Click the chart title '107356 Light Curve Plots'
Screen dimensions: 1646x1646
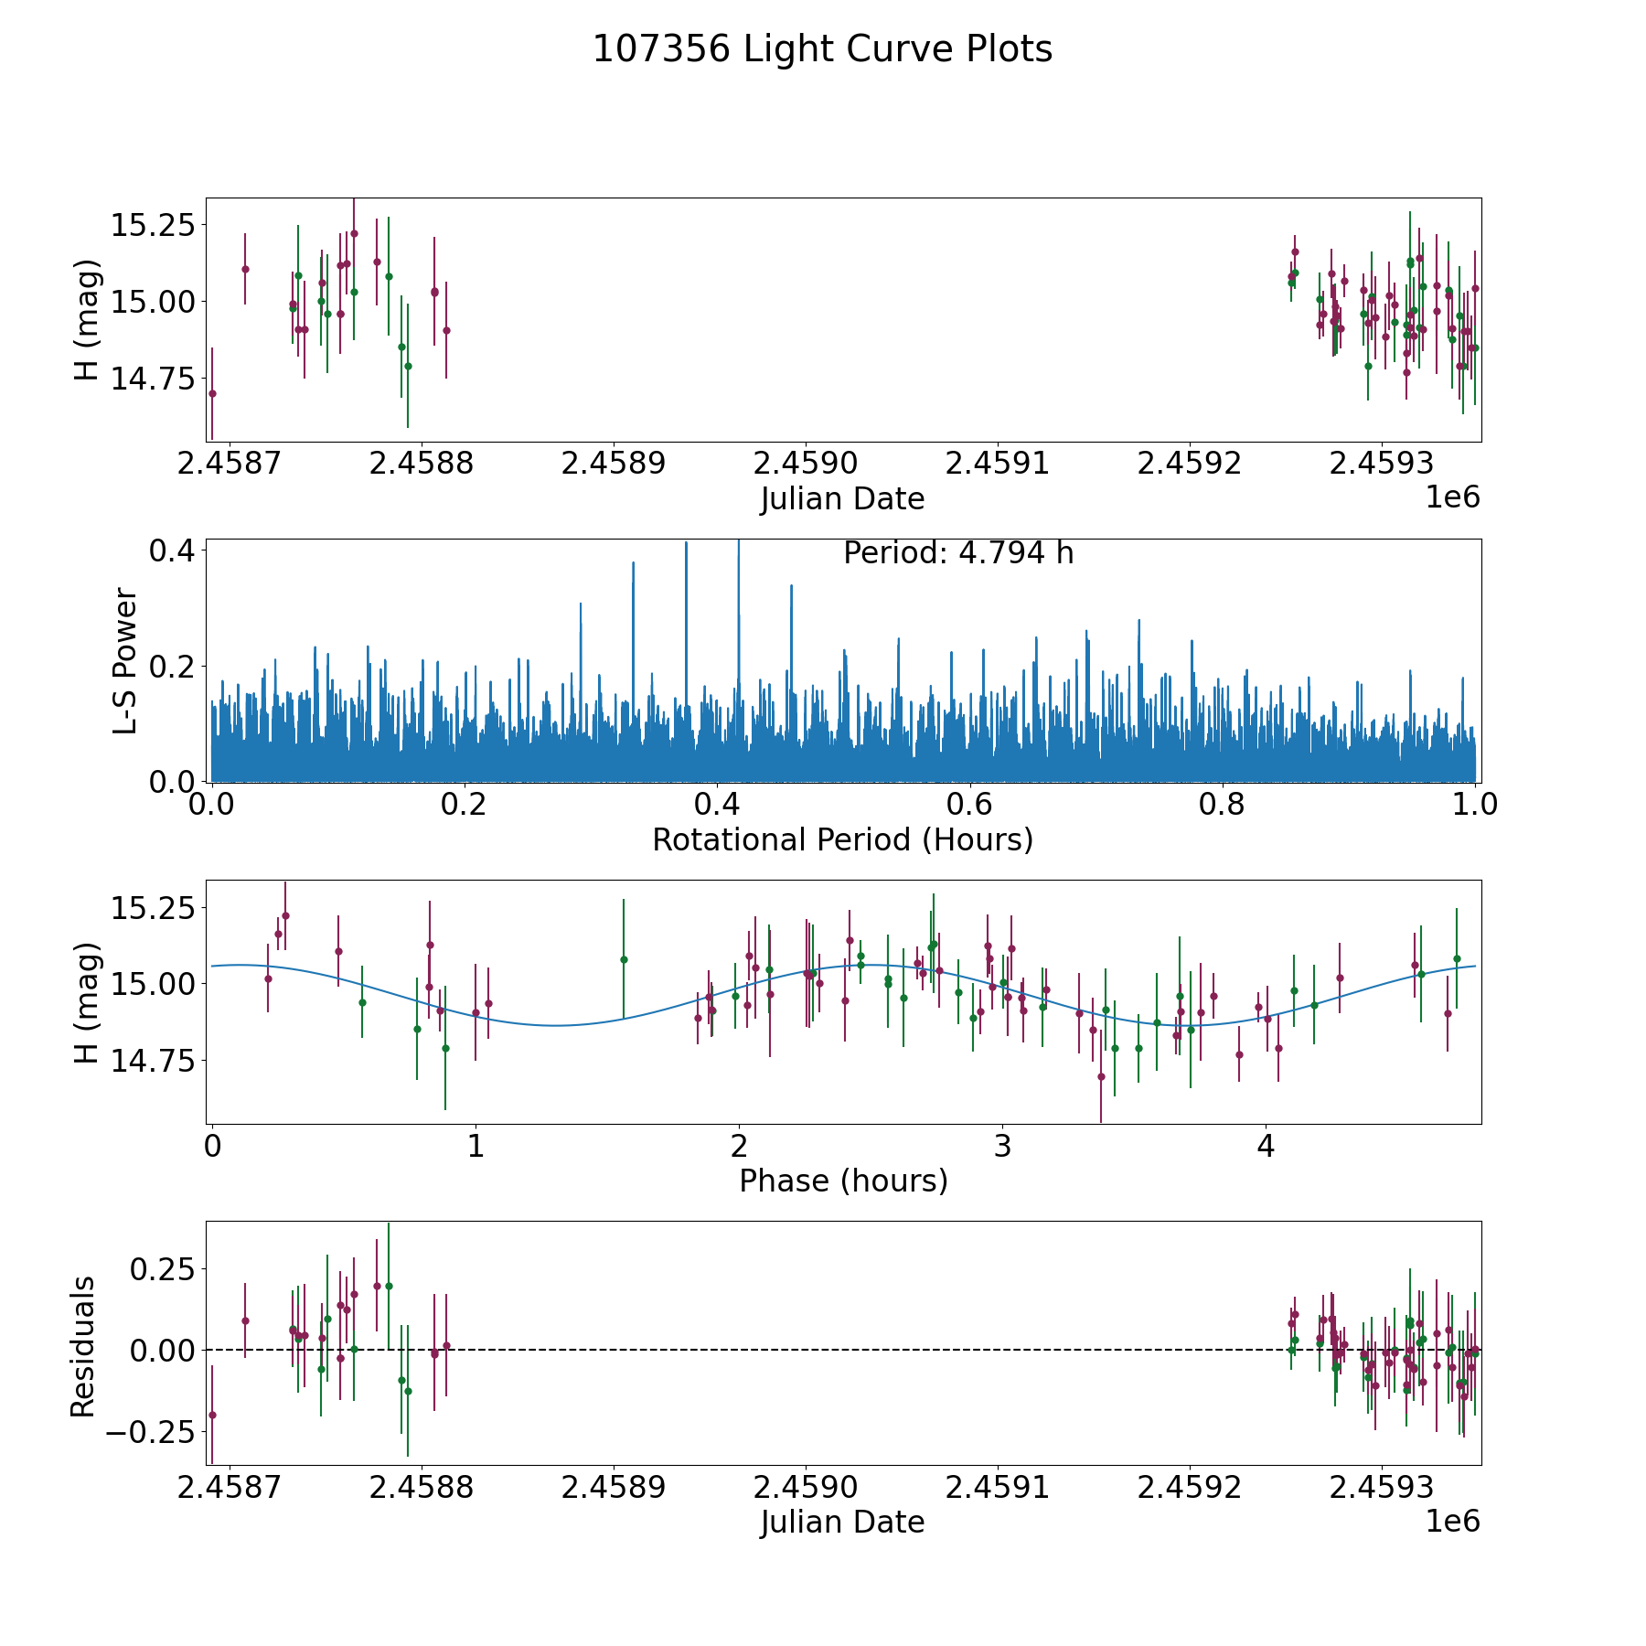click(822, 49)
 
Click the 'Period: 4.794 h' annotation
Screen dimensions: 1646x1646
click(957, 553)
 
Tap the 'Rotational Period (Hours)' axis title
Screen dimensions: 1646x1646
click(842, 839)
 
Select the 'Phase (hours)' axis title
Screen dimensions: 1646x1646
click(842, 1181)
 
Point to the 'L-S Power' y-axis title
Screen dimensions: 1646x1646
click(125, 660)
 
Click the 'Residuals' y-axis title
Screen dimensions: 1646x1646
click(83, 1347)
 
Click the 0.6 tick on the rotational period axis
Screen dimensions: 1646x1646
click(969, 805)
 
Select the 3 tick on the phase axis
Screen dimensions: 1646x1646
click(1002, 1147)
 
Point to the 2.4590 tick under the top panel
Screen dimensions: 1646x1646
click(805, 464)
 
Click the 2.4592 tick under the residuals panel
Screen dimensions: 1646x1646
click(1189, 1488)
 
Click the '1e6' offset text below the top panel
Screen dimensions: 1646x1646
click(1452, 498)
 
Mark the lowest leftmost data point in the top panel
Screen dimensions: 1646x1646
click(212, 393)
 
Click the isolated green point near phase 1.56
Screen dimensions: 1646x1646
click(624, 959)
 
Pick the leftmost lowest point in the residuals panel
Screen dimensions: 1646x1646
click(212, 1415)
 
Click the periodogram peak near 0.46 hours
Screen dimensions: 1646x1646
click(791, 587)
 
